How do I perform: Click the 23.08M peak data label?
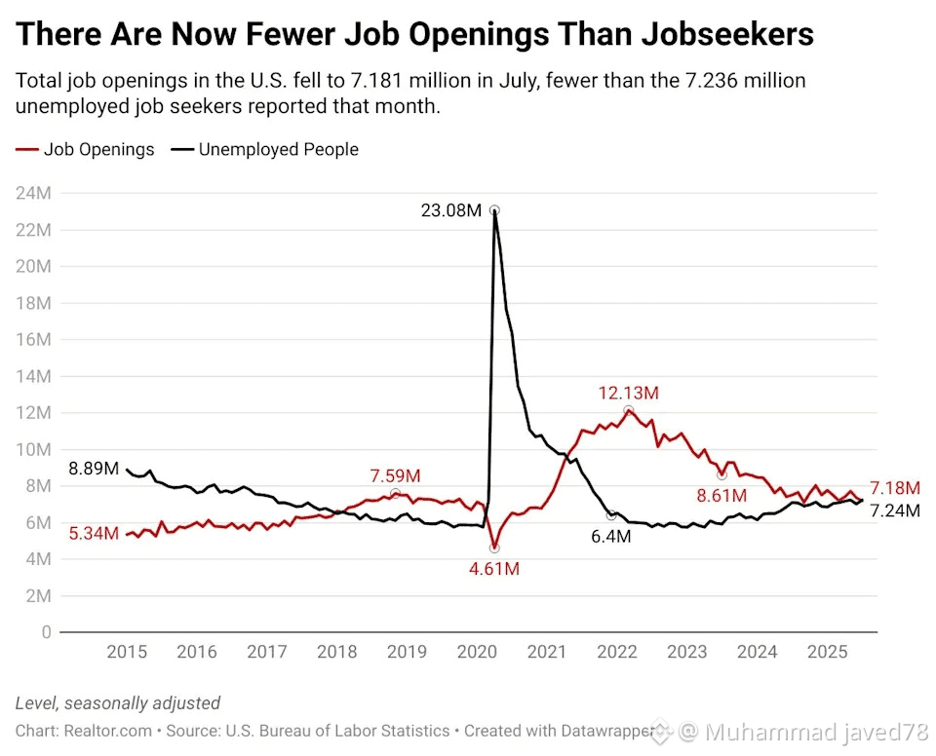[x=450, y=209]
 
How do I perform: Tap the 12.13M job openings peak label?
[x=629, y=394]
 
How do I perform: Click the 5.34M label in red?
[x=95, y=534]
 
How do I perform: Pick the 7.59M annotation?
[x=395, y=475]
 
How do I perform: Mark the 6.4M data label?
[x=612, y=537]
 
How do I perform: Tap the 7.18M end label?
[x=894, y=487]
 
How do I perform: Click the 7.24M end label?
[x=894, y=510]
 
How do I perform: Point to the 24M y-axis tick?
[x=33, y=193]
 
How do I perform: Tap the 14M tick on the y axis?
[x=33, y=376]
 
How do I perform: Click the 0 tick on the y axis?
[x=45, y=632]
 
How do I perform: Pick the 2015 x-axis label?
[x=128, y=652]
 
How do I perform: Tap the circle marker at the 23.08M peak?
[x=494, y=210]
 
